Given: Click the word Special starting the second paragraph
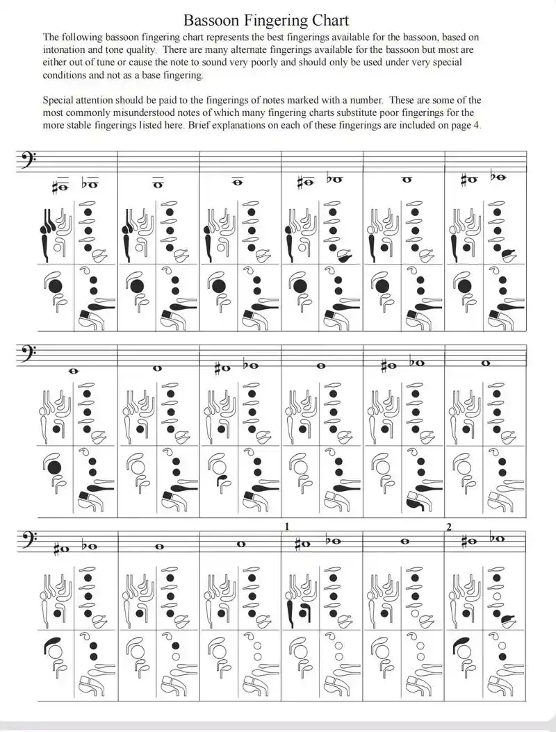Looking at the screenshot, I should click(60, 100).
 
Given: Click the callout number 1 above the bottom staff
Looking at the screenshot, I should click(286, 526).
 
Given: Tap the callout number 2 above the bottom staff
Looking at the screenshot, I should click(450, 526).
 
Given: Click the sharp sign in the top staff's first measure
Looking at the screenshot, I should click(57, 185).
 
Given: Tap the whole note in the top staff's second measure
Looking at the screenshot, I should click(158, 185).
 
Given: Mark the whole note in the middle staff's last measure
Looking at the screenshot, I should click(486, 363).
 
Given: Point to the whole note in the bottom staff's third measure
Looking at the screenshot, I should click(240, 544).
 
